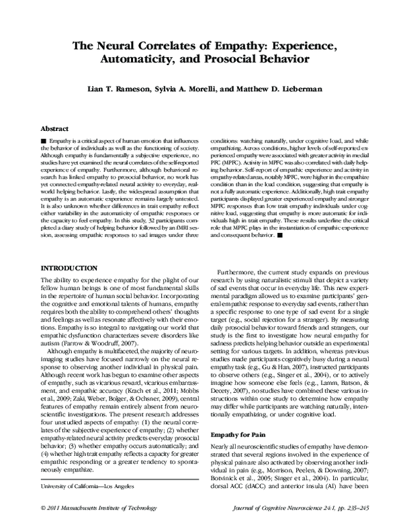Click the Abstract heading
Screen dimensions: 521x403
tap(55, 127)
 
